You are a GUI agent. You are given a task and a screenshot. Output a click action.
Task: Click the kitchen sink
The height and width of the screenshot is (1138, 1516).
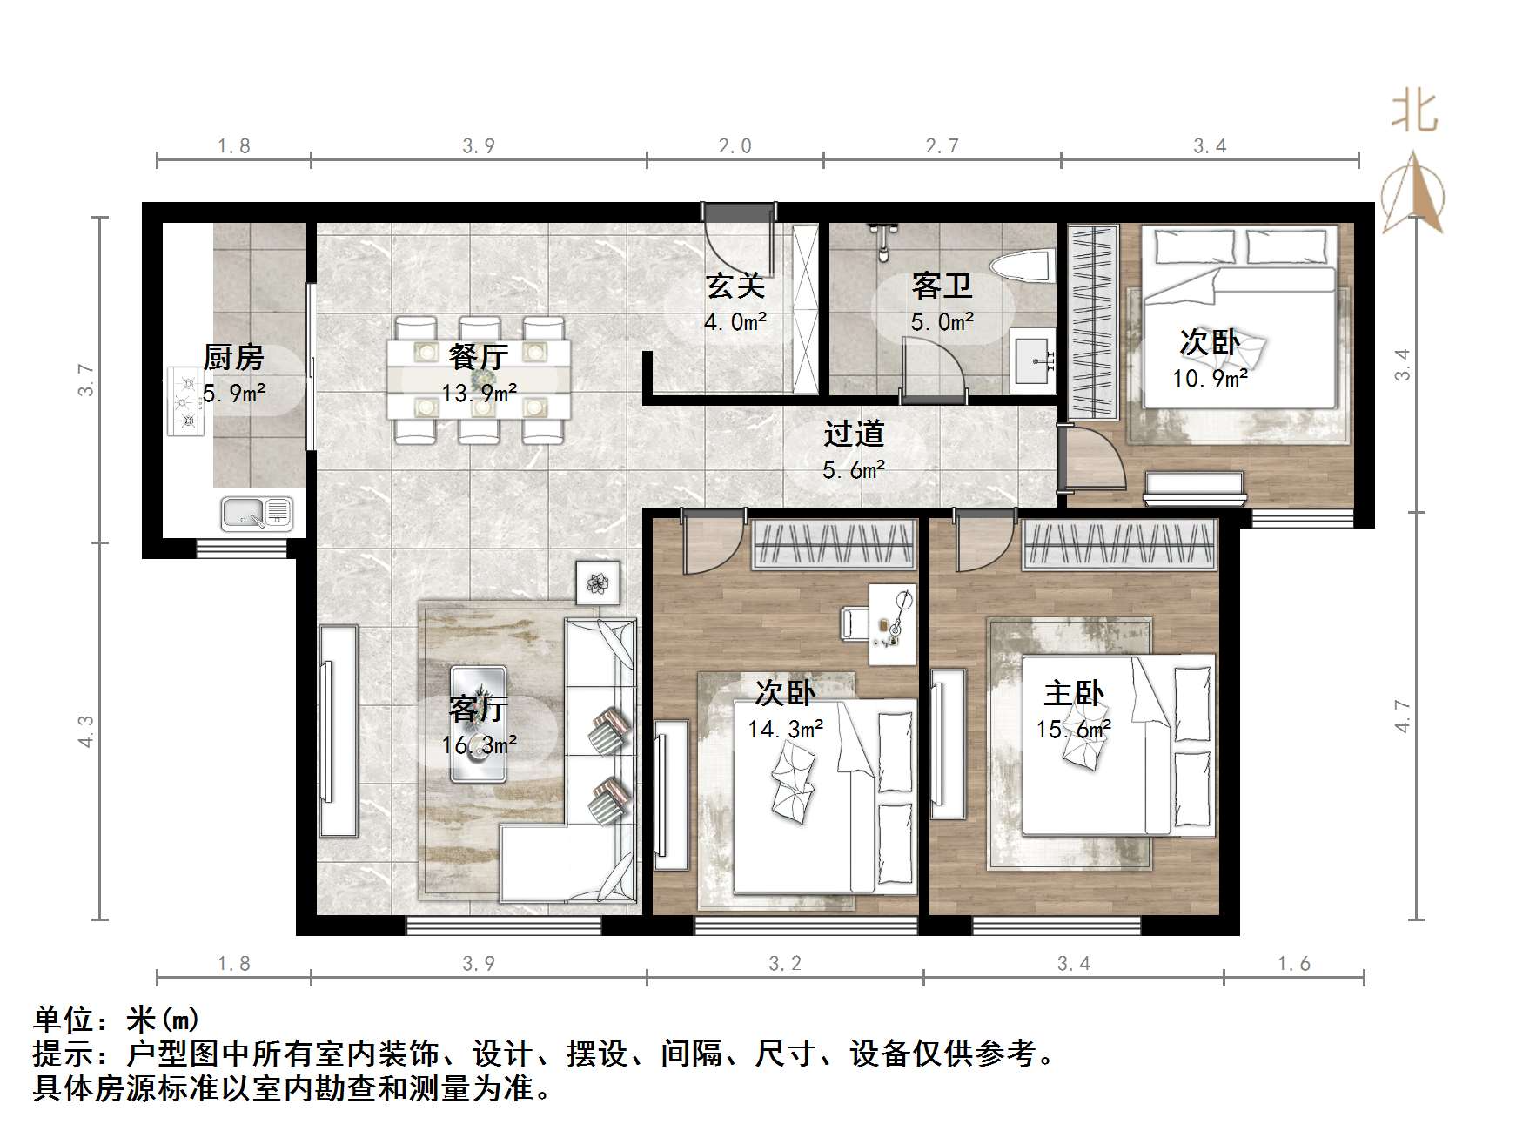[256, 513]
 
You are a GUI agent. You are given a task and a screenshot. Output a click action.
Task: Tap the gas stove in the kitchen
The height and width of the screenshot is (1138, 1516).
[185, 401]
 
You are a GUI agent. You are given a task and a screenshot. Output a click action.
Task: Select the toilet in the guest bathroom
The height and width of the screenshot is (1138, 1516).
[1022, 266]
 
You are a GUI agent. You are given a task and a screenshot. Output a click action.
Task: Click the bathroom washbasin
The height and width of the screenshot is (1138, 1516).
[1033, 360]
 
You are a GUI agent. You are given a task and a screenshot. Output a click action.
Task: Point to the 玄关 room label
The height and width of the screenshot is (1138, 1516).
[735, 286]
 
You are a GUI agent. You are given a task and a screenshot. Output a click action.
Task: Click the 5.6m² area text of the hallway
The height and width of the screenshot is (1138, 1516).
[854, 470]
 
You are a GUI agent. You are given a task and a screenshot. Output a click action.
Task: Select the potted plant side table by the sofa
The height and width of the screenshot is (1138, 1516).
[598, 582]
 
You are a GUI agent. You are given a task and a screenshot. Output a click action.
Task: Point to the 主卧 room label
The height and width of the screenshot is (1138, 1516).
[1073, 694]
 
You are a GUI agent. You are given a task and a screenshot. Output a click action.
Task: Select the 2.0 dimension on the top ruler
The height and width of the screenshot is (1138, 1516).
[735, 145]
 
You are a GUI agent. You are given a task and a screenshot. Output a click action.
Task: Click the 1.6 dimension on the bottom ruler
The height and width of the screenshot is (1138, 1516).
[1293, 963]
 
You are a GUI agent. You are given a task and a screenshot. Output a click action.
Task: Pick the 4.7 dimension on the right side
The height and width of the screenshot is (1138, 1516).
[1402, 716]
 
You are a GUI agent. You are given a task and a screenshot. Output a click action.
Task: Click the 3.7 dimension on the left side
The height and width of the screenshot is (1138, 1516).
[85, 380]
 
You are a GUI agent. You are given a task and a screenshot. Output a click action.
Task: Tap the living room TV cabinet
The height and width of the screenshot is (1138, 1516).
[338, 731]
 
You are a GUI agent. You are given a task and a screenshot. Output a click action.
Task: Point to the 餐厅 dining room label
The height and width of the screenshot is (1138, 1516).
[479, 357]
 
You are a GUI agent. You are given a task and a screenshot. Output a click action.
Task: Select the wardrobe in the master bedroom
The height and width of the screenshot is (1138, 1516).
[1119, 544]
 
